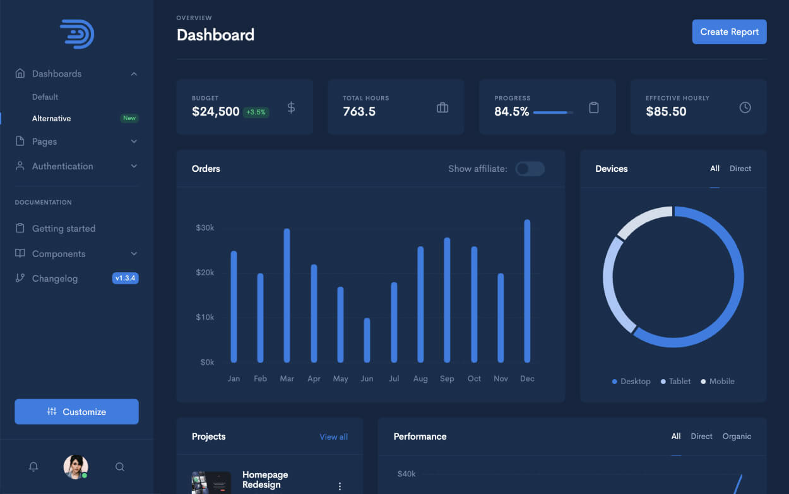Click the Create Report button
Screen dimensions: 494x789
click(x=729, y=32)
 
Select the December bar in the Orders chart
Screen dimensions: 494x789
click(x=527, y=291)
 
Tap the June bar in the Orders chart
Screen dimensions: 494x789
click(x=367, y=340)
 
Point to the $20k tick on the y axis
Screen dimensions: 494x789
click(x=205, y=273)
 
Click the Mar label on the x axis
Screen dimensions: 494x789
click(x=287, y=379)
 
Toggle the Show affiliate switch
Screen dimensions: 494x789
click(x=530, y=169)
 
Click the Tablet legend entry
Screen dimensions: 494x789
click(x=675, y=382)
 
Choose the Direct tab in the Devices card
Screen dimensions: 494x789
click(x=740, y=169)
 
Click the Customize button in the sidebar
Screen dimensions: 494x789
click(x=76, y=412)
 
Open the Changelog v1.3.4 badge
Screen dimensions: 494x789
click(x=125, y=279)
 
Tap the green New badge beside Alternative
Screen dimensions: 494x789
click(x=129, y=119)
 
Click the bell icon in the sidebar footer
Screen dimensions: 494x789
click(x=33, y=467)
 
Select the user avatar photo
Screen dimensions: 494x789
click(x=75, y=467)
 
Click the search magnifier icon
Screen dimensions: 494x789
click(x=120, y=467)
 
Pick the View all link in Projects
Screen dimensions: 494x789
click(x=333, y=437)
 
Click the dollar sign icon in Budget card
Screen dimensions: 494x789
click(x=291, y=107)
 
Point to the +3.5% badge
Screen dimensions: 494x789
click(x=256, y=112)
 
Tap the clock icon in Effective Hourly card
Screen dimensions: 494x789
click(x=745, y=107)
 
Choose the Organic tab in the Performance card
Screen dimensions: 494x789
click(x=737, y=437)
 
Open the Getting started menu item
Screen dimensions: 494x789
click(x=64, y=229)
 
